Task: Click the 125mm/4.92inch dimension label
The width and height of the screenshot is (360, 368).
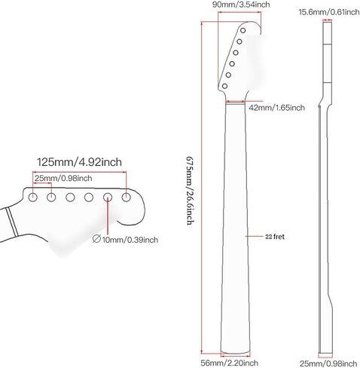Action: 79,162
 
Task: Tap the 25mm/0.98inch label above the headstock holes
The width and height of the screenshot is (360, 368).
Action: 63,178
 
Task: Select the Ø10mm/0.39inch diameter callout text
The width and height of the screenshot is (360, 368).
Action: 125,239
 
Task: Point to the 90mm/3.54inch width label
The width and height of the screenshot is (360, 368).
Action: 241,5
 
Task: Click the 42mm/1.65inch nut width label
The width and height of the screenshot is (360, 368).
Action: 276,108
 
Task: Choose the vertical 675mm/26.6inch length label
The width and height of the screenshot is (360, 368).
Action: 190,190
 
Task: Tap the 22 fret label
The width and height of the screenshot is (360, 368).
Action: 275,237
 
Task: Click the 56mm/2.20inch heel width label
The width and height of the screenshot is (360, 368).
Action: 229,363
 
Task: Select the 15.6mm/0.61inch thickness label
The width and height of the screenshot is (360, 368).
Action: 329,12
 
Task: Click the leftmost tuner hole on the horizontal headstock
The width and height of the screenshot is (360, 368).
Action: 32,197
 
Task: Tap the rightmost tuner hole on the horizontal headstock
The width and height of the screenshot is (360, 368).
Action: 127,197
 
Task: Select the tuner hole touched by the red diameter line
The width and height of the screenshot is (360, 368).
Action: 108,198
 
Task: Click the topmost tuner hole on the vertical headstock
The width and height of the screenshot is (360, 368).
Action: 243,30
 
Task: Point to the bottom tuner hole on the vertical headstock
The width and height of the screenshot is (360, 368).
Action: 224,86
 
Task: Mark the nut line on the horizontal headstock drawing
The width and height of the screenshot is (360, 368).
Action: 13,222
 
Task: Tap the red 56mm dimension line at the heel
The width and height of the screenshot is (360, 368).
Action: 236,356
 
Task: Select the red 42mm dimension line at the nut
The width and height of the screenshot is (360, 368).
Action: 235,102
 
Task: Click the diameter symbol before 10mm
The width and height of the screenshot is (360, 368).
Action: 96,239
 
